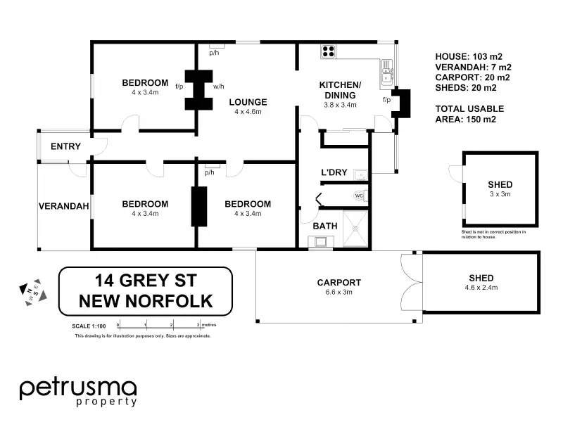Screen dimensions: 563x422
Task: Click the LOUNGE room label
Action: [x=248, y=101]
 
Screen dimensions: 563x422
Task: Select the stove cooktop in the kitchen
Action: [x=328, y=51]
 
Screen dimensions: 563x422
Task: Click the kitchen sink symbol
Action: [x=386, y=70]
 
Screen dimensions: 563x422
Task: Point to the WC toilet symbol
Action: [x=359, y=196]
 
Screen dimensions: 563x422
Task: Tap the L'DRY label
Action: [x=333, y=172]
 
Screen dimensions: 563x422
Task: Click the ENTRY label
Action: [x=65, y=146]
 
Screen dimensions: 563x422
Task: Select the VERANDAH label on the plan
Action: [x=63, y=206]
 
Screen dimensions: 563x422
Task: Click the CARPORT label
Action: [x=339, y=282]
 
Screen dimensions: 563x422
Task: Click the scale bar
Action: [x=159, y=326]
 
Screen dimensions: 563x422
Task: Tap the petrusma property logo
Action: [x=77, y=391]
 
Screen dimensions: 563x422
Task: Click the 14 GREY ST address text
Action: [x=145, y=281]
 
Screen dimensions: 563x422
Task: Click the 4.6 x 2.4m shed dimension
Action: [x=481, y=288]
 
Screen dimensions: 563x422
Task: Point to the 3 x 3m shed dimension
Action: [x=500, y=194]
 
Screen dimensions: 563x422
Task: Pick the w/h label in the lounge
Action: [x=218, y=87]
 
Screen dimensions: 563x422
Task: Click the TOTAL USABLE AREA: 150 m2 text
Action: [x=469, y=114]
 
